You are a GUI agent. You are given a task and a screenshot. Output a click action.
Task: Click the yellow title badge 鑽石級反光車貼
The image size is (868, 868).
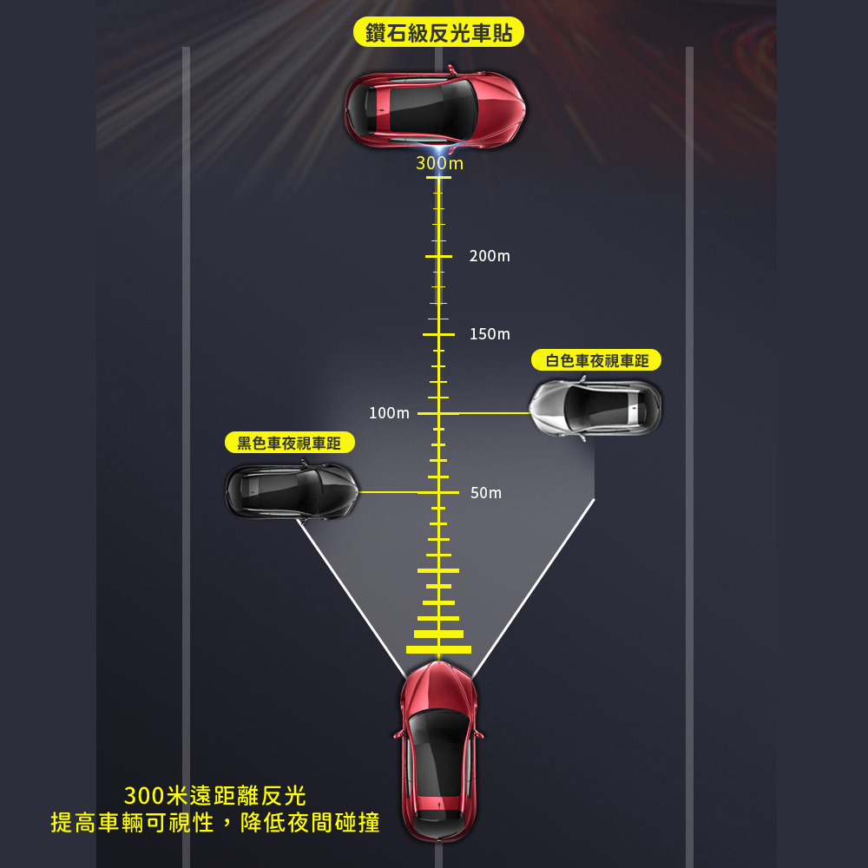point(438,34)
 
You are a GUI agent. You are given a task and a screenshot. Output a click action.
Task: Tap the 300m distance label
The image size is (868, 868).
point(439,163)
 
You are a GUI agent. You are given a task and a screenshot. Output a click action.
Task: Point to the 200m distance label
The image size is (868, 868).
point(490,256)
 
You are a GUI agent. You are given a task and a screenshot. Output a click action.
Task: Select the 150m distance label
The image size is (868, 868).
point(490,334)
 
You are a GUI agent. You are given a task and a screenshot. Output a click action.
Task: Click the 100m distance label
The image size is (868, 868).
point(389,413)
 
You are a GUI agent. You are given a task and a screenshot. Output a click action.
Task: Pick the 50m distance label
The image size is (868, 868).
point(486,493)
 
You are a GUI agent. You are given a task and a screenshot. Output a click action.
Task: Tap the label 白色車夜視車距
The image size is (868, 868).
point(596,360)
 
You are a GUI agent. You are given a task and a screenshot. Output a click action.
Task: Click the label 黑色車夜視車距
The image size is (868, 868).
point(290,444)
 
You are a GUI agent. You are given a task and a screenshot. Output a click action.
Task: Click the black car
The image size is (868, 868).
point(291,490)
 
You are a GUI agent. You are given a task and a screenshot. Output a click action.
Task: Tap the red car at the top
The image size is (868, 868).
point(435,107)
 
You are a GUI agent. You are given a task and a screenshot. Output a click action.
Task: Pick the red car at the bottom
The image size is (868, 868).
point(439,751)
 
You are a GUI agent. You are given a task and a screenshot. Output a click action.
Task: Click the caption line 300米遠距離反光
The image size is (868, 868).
point(215,795)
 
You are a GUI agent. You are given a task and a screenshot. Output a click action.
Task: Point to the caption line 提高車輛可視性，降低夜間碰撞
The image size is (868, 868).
point(215,823)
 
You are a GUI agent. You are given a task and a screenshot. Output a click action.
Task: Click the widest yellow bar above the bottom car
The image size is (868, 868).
point(438,649)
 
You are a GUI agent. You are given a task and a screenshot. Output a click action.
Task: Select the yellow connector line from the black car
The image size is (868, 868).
point(388,492)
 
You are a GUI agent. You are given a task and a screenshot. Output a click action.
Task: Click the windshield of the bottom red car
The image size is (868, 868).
point(439,722)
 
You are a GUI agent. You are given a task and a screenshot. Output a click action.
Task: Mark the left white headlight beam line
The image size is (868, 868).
point(352,597)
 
